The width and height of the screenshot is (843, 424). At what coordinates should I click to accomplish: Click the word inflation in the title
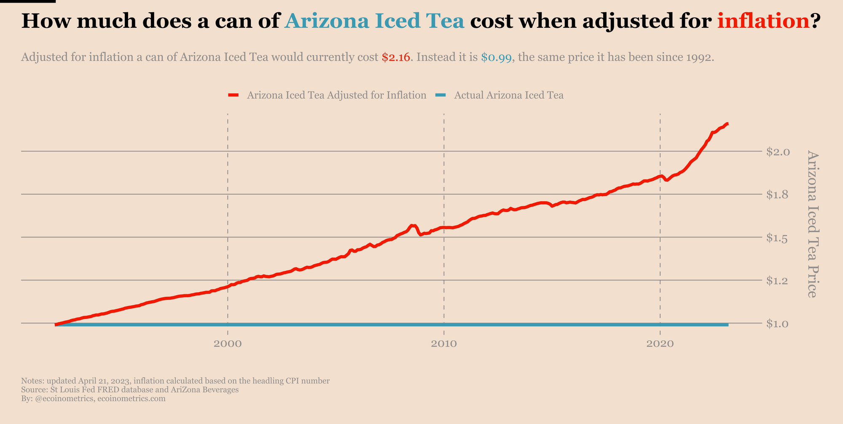[763, 21]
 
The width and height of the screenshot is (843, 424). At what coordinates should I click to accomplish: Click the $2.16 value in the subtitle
[396, 58]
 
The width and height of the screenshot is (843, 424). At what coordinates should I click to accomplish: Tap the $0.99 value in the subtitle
[497, 58]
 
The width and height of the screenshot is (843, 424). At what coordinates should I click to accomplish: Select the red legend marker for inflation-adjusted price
[234, 95]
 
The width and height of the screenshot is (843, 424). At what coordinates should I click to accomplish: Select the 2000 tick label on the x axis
[228, 344]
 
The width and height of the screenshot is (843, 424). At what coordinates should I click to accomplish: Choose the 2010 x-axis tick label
[444, 344]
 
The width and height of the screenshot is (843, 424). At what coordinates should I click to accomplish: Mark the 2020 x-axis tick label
[660, 344]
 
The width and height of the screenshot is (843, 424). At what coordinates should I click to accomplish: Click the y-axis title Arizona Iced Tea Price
[812, 224]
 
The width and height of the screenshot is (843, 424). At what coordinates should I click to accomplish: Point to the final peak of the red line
[727, 124]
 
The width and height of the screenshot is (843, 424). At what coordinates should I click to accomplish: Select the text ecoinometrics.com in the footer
[132, 398]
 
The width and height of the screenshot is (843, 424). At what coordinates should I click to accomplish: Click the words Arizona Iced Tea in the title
[374, 21]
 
